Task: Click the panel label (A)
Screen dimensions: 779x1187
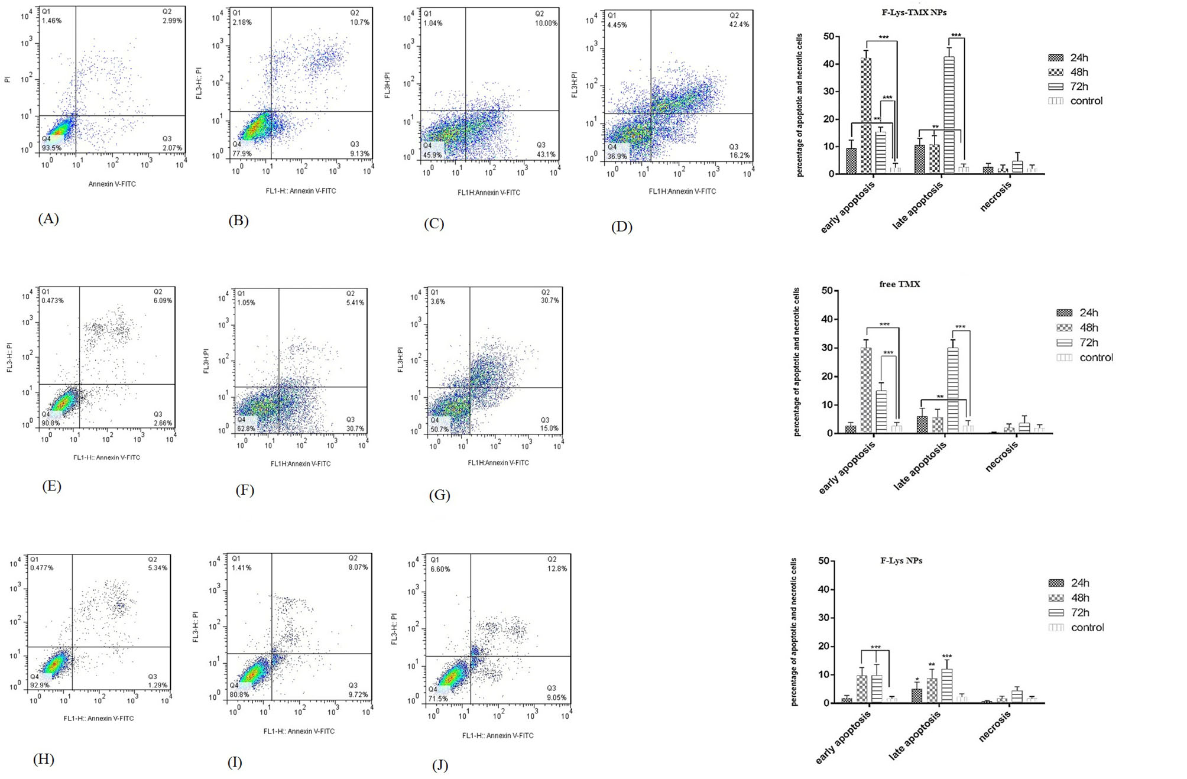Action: [x=48, y=219]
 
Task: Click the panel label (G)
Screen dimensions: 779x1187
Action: [x=440, y=495]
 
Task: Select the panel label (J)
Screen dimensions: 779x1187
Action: [x=440, y=765]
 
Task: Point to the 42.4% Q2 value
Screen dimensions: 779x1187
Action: [x=739, y=24]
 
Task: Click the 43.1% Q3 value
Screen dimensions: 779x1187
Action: [x=546, y=154]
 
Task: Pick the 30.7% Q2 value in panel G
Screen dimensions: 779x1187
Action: [x=550, y=300]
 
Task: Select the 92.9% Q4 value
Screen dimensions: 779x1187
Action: [x=40, y=685]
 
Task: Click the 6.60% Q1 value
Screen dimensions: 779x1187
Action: [x=440, y=569]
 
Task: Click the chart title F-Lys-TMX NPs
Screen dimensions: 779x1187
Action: [x=914, y=12]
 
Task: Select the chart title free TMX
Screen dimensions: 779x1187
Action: [x=900, y=284]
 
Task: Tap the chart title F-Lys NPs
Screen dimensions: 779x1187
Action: [x=901, y=560]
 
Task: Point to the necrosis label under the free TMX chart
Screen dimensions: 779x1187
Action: [x=1002, y=457]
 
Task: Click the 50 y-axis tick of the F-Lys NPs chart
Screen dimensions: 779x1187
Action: [x=823, y=560]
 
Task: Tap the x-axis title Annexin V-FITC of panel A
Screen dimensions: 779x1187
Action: [x=112, y=184]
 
